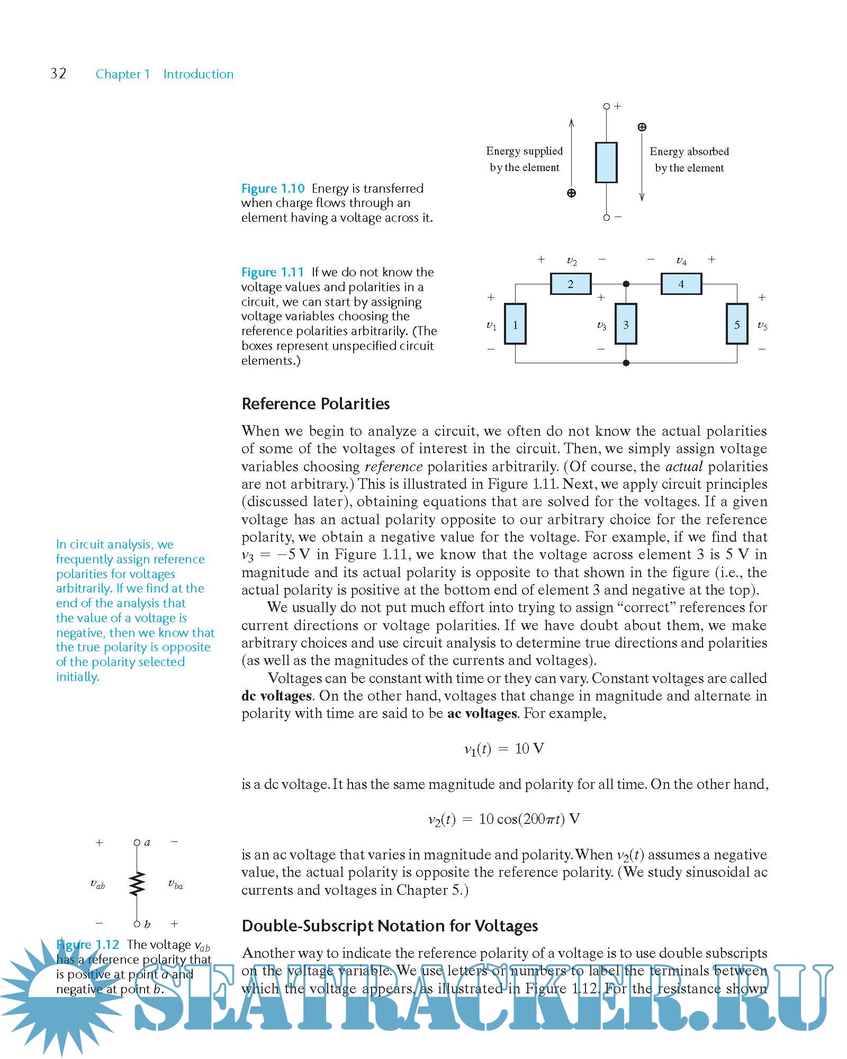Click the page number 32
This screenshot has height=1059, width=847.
point(58,73)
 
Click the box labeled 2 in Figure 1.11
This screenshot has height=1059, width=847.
point(570,284)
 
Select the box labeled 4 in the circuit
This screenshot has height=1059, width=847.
point(681,284)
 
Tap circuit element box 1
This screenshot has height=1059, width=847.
point(515,324)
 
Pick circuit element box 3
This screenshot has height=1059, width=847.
point(626,324)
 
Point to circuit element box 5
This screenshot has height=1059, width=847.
point(736,324)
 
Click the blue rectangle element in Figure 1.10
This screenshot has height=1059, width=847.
point(606,163)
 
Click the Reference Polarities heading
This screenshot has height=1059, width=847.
point(316,404)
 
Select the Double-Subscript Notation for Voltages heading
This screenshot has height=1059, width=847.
point(390,926)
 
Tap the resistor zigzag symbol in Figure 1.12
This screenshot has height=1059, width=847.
point(137,883)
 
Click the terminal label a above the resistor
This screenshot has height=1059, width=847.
point(147,842)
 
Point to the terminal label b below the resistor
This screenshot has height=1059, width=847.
point(147,925)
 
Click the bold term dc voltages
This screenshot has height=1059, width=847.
point(276,696)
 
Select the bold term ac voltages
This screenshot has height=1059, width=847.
point(482,713)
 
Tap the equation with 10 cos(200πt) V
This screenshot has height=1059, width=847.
point(503,819)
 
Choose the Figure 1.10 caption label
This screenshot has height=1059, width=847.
point(273,189)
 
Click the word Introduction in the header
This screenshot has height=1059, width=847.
point(198,74)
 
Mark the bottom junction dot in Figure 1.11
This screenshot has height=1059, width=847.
point(626,363)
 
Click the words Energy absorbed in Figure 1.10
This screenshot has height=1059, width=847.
point(689,151)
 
